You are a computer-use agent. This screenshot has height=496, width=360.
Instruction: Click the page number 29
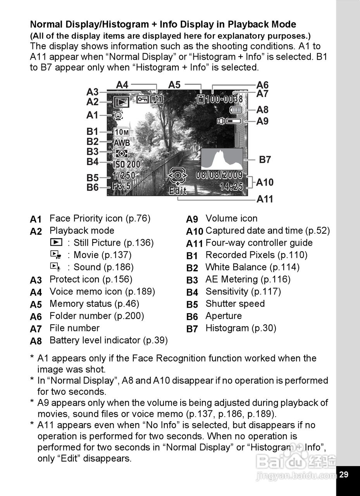click(x=343, y=474)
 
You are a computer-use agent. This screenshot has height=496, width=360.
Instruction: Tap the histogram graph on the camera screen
click(x=222, y=159)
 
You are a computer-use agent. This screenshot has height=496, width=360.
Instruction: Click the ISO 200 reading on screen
click(x=127, y=165)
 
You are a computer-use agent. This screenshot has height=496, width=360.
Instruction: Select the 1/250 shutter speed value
click(x=124, y=176)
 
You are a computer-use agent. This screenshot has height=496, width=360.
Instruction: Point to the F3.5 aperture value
click(x=122, y=186)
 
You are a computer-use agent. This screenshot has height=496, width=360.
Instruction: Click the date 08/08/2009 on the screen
click(x=219, y=175)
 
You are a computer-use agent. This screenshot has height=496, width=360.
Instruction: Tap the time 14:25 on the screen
click(x=231, y=187)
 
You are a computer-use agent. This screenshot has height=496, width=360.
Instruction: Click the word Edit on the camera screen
click(x=178, y=191)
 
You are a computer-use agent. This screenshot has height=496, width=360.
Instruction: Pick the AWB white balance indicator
click(x=122, y=143)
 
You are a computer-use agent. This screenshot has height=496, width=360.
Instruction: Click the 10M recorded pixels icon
click(x=122, y=132)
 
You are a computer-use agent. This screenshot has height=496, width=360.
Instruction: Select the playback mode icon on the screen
click(x=121, y=102)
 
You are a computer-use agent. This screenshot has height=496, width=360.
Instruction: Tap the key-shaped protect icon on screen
click(x=142, y=100)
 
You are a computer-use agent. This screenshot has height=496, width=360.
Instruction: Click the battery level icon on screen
click(x=235, y=110)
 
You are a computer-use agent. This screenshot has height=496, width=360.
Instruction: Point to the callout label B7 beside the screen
click(x=265, y=159)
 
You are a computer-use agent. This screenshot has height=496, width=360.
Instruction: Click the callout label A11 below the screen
click(x=265, y=199)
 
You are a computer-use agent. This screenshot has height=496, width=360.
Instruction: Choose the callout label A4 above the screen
click(x=122, y=85)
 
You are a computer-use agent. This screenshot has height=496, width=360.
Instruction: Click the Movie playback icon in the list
click(x=56, y=255)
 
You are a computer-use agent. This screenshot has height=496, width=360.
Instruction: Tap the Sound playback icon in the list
click(x=56, y=267)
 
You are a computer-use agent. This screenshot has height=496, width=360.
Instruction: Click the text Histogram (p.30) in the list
click(x=241, y=328)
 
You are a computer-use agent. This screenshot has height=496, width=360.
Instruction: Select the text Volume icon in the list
click(x=231, y=219)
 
